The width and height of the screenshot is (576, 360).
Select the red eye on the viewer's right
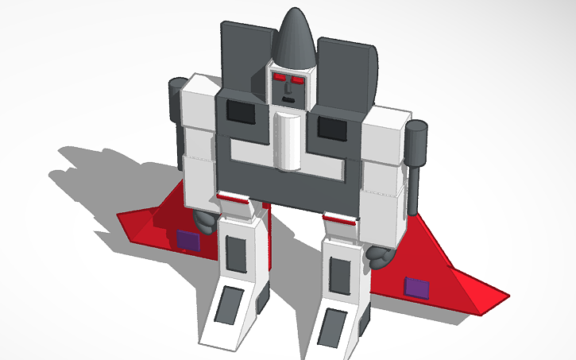(299, 80)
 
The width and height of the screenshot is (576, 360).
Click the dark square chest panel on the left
(241, 112)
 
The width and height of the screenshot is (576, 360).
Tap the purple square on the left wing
(187, 239)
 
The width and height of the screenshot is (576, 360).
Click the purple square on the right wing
(417, 286)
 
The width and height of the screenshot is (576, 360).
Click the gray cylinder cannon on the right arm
(416, 144)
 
